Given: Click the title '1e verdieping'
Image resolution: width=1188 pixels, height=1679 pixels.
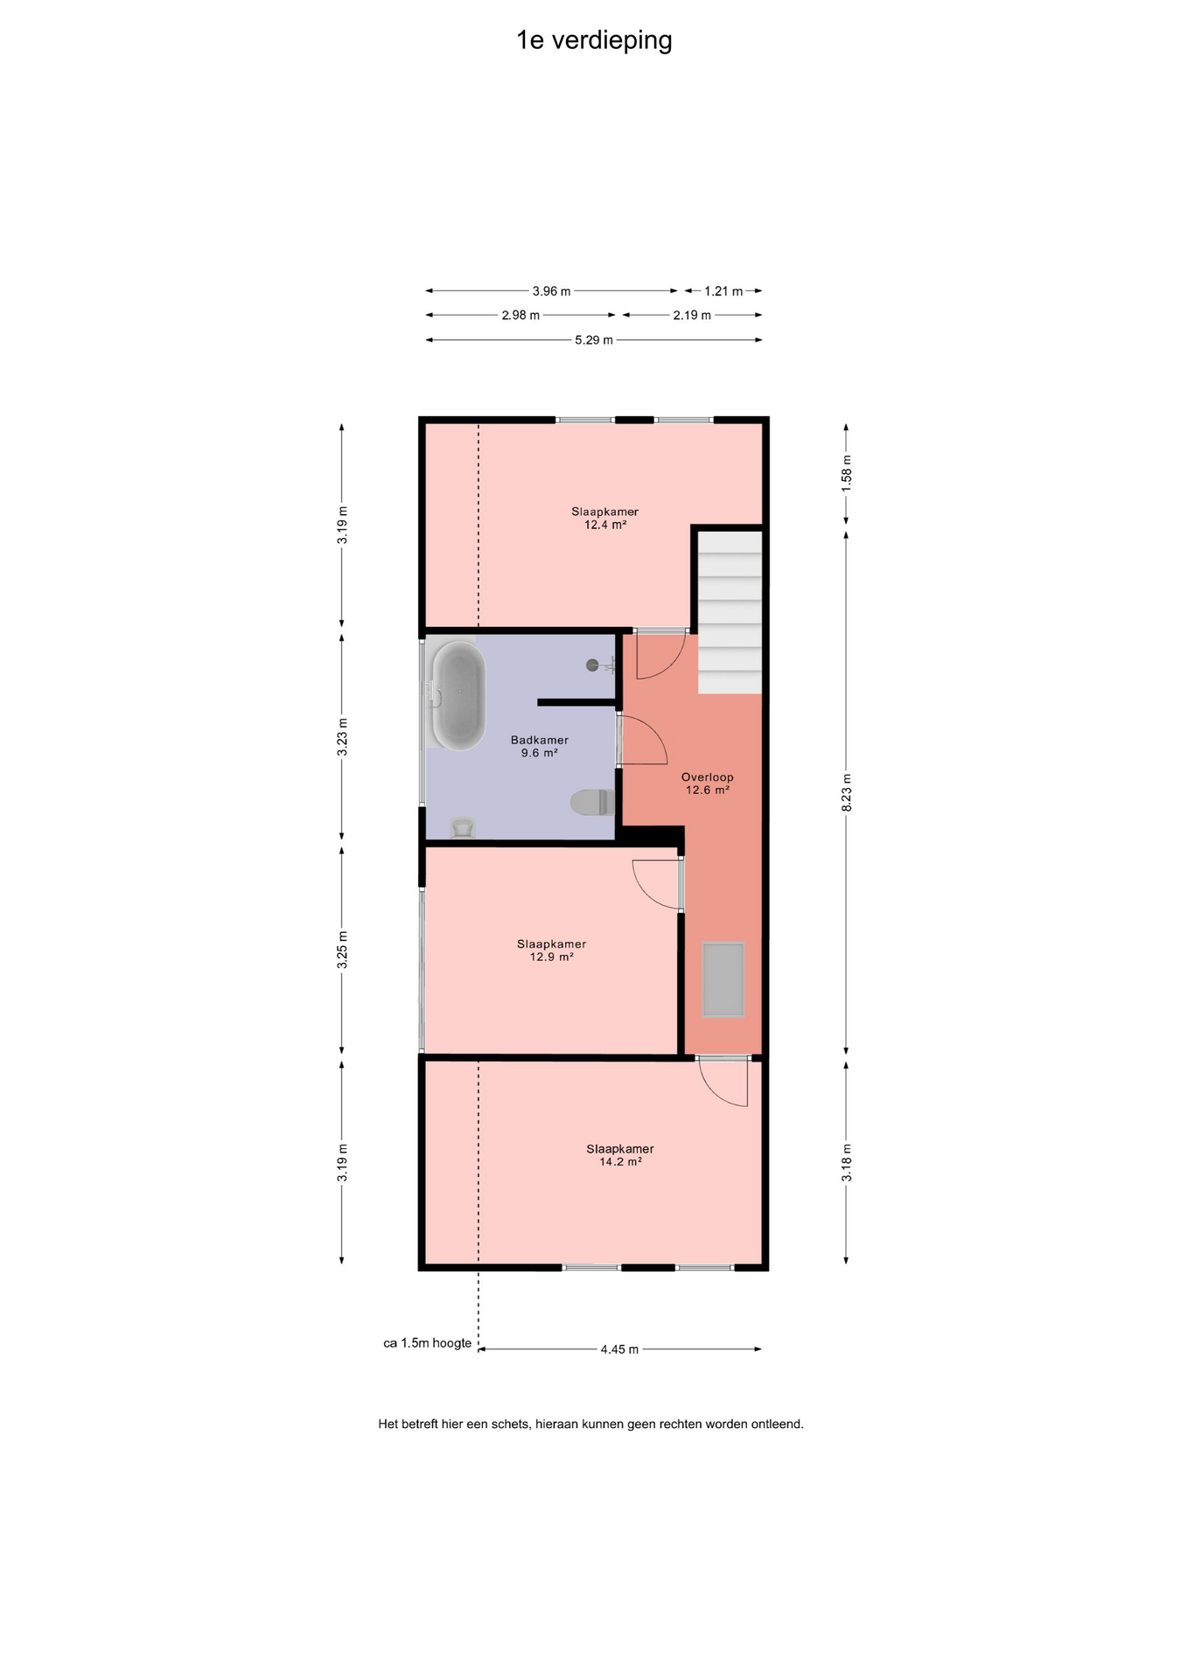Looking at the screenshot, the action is click(x=594, y=41).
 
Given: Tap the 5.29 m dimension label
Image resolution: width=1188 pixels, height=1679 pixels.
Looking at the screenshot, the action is click(x=594, y=340).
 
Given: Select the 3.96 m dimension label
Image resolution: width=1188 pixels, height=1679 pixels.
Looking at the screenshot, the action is click(x=551, y=291).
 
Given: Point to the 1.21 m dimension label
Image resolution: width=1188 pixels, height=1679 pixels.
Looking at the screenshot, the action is click(x=723, y=291).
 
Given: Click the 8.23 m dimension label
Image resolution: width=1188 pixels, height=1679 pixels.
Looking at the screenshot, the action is click(x=846, y=792).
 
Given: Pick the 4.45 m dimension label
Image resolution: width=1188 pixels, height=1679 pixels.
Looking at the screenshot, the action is click(x=619, y=1349).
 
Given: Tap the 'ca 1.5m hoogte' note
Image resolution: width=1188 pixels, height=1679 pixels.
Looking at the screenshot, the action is click(x=428, y=1343).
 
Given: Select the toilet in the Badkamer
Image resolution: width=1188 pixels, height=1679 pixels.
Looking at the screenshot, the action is click(x=592, y=802).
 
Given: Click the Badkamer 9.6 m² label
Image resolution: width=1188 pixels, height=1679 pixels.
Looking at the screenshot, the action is click(x=540, y=746).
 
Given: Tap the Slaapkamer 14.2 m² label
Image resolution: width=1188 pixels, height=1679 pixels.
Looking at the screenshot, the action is click(x=620, y=1155).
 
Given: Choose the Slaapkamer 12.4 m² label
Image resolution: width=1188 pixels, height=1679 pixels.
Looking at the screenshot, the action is click(x=605, y=518).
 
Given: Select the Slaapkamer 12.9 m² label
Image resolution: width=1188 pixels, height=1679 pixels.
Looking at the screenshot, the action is click(x=551, y=951).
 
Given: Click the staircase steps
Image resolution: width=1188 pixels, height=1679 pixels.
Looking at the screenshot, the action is click(x=730, y=612).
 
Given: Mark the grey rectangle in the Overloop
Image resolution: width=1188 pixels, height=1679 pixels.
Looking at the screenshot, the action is click(x=723, y=979).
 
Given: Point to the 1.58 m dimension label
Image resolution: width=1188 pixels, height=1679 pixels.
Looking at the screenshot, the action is click(x=846, y=473).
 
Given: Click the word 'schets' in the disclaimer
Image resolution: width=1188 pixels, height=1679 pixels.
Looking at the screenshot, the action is click(x=510, y=1424).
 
